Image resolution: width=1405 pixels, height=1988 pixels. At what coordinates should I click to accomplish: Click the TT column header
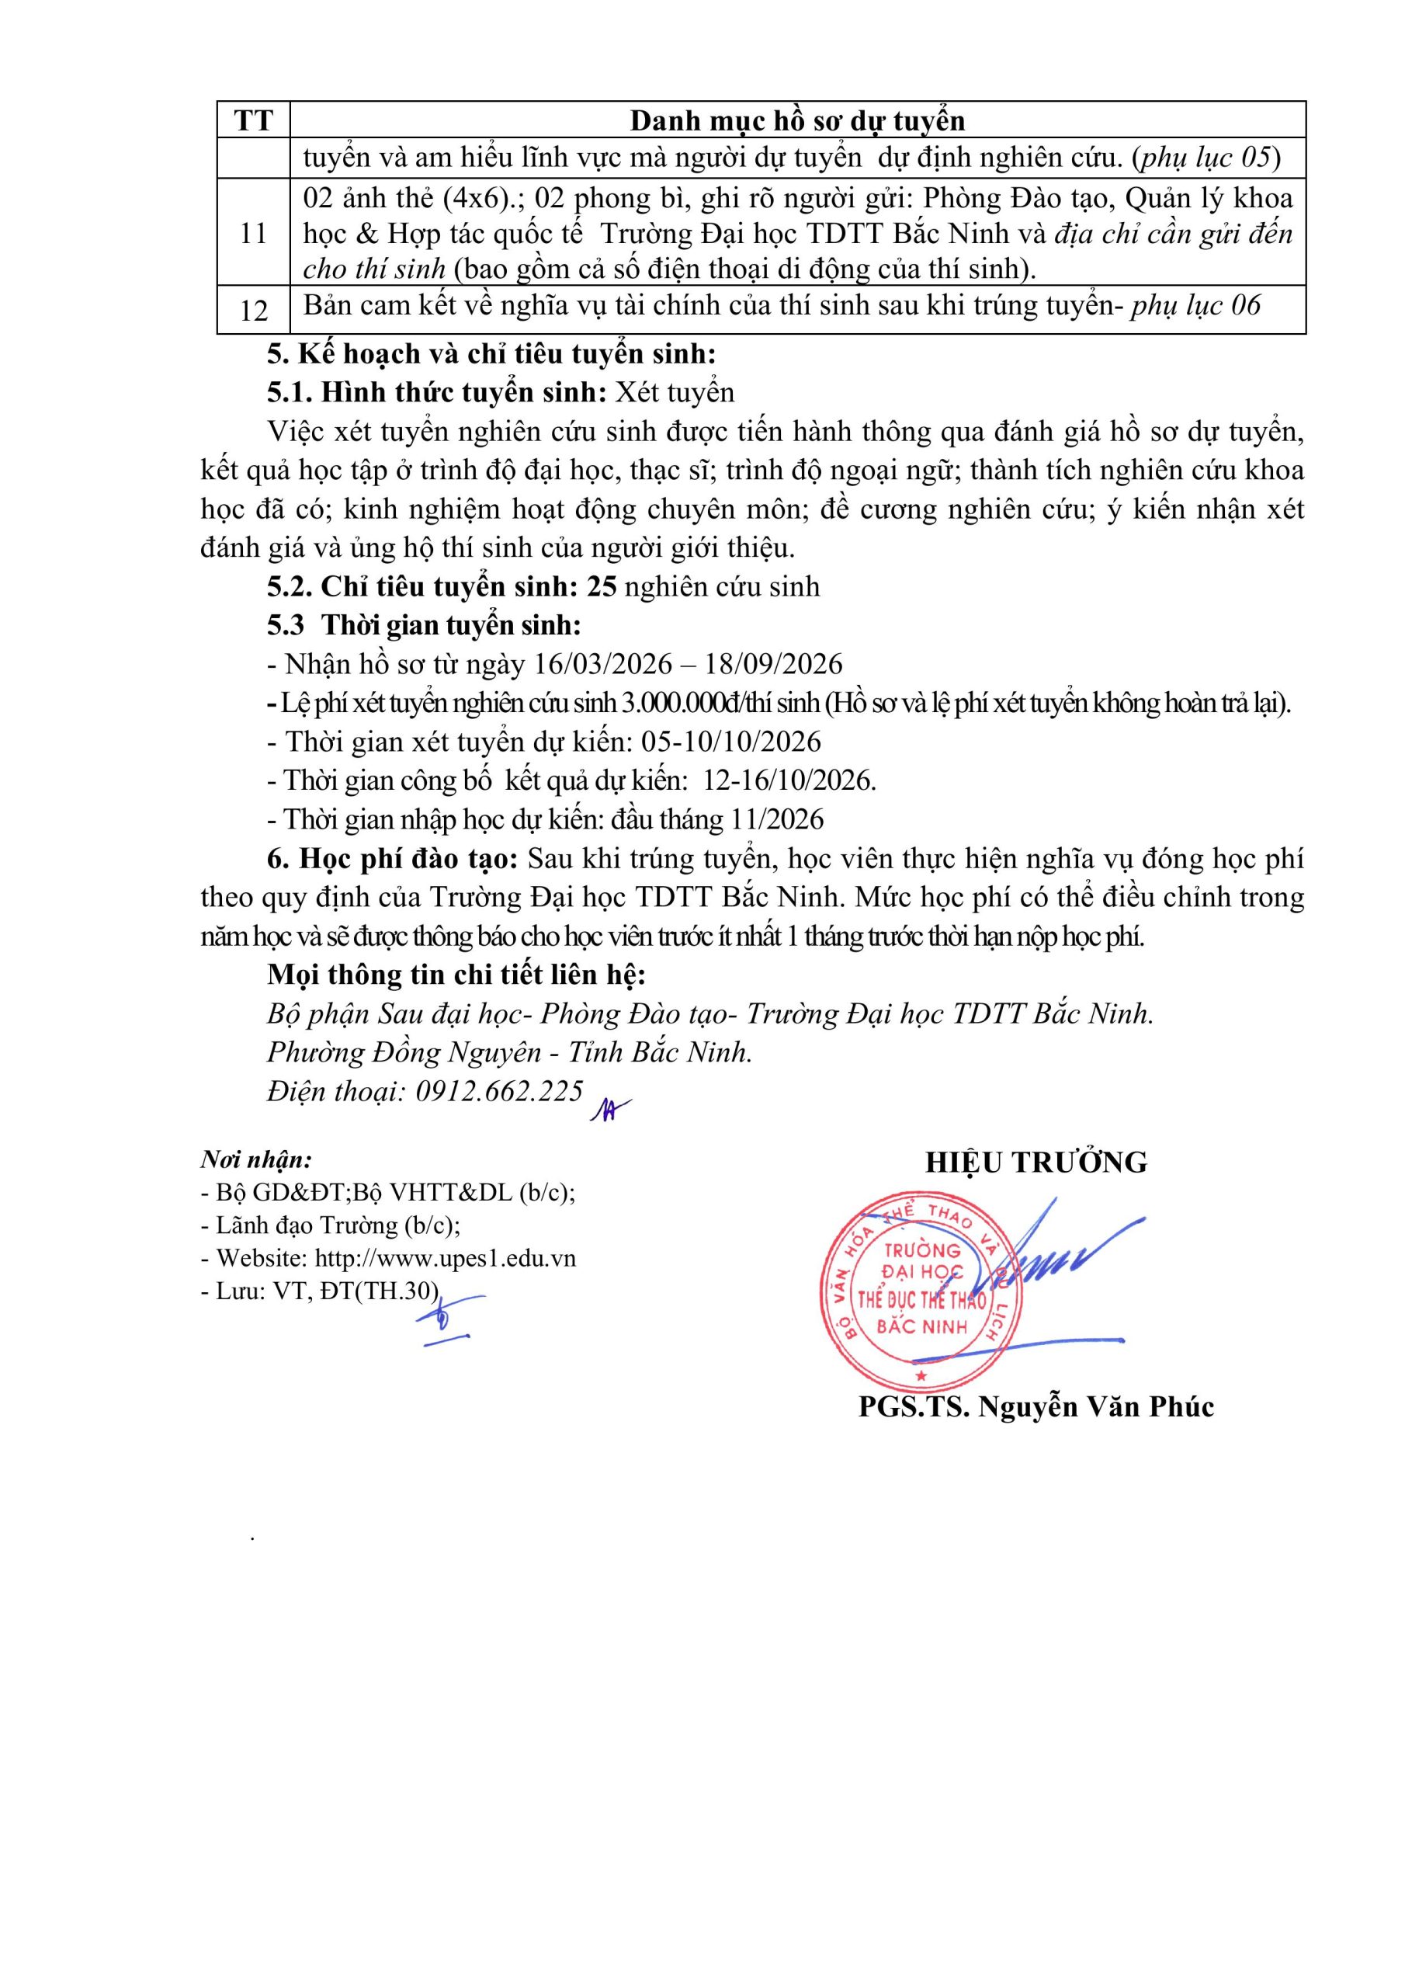click(253, 120)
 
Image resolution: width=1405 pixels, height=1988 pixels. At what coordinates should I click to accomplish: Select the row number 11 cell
click(253, 234)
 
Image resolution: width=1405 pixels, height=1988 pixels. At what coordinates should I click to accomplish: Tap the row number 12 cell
click(253, 310)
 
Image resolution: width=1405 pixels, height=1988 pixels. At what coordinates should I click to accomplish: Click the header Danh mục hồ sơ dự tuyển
click(796, 120)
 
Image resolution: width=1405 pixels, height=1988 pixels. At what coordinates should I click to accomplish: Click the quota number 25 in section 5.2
click(602, 587)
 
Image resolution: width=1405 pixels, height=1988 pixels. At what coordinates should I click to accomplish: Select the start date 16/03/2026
click(602, 664)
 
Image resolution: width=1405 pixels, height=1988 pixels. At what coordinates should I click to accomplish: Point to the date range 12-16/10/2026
click(789, 781)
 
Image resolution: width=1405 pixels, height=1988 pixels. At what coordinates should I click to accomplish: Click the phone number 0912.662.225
click(499, 1091)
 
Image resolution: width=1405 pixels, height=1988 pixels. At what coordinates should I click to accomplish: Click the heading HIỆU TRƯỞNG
click(1036, 1162)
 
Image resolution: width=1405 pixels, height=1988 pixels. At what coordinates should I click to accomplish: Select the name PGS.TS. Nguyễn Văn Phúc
click(1036, 1407)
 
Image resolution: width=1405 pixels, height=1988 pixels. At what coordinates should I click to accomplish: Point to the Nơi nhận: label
click(256, 1159)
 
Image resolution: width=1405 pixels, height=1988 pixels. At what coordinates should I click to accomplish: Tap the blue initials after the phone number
click(609, 1109)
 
